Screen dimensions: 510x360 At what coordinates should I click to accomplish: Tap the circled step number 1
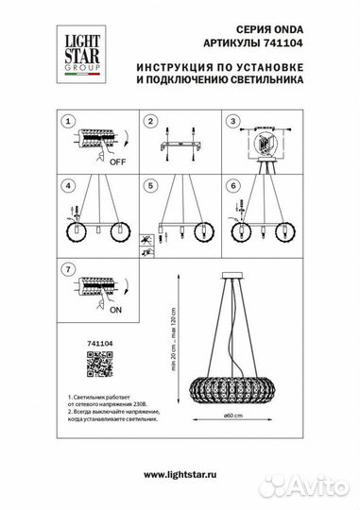click(66, 122)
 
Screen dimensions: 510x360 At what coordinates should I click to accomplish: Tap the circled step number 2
click(147, 122)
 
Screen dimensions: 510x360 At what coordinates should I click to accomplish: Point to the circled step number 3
click(230, 122)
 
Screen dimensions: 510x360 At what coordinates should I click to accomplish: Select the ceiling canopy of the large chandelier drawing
click(231, 277)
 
